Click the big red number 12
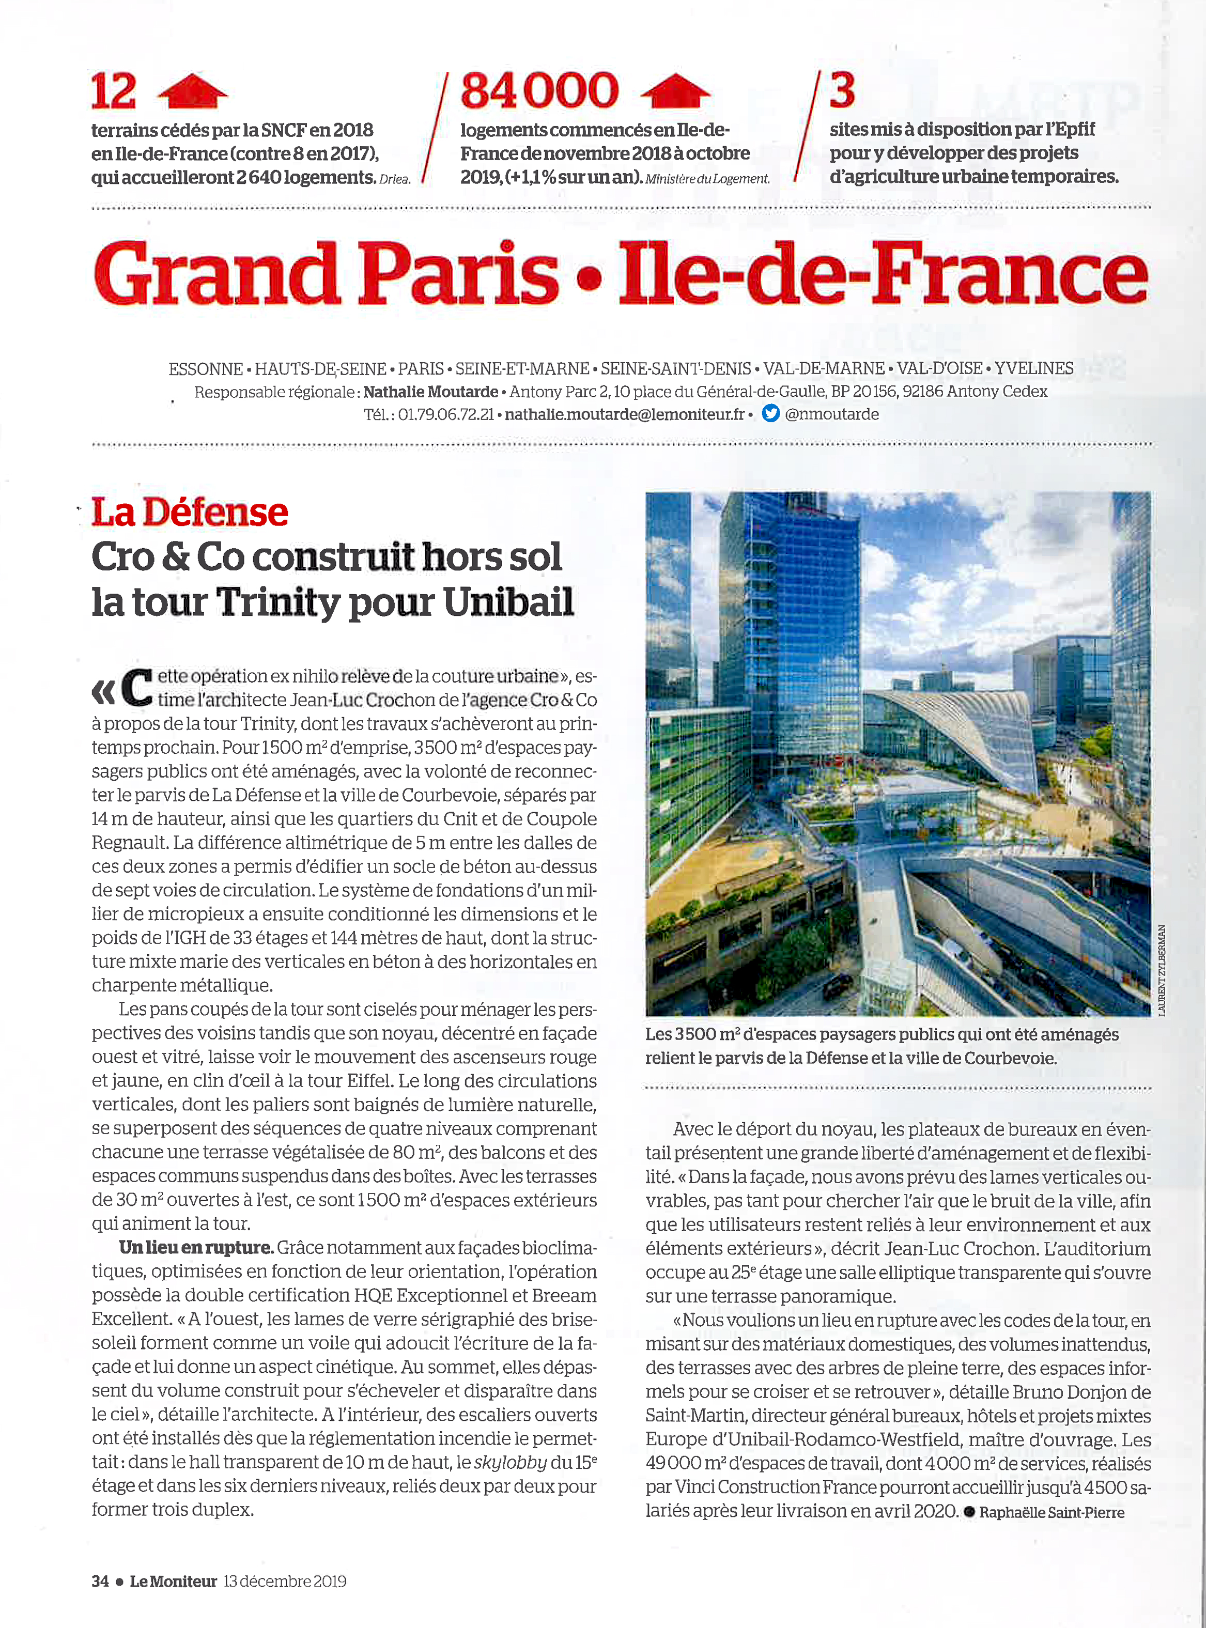click(113, 91)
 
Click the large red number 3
click(842, 90)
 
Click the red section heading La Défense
click(190, 512)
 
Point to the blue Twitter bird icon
click(770, 414)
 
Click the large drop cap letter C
click(136, 688)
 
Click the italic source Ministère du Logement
click(707, 179)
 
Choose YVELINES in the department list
click(1034, 369)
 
